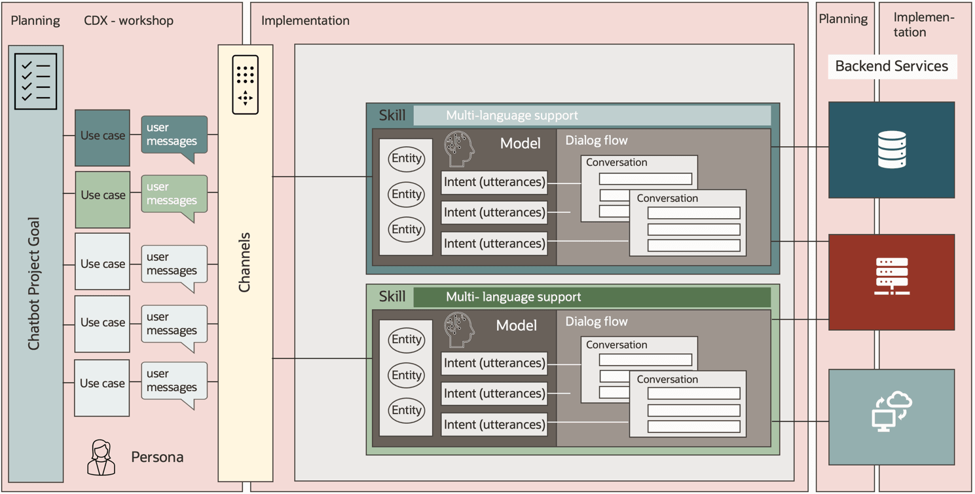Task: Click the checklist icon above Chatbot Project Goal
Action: [36, 81]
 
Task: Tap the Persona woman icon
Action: [101, 457]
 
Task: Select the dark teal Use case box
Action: [102, 136]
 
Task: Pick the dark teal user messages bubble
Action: [174, 135]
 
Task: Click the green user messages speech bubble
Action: [174, 195]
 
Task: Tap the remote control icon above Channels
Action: [246, 85]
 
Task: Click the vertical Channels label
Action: [245, 262]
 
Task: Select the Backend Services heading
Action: [891, 66]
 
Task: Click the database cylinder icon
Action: [891, 150]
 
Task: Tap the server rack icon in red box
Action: [891, 276]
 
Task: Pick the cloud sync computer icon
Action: [891, 411]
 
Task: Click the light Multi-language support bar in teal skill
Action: [592, 115]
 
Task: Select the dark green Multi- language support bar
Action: [592, 297]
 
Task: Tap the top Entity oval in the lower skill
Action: [406, 339]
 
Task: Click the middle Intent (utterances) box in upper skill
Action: [494, 212]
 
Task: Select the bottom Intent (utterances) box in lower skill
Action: [494, 425]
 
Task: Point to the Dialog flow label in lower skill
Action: [596, 322]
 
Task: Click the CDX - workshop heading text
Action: [128, 21]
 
